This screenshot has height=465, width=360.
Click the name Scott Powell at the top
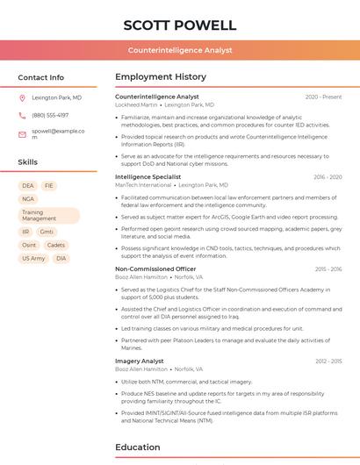pyautogui.click(x=179, y=25)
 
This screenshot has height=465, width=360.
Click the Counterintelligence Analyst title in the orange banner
pyautogui.click(x=179, y=50)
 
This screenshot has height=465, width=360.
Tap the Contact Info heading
pyautogui.click(x=40, y=77)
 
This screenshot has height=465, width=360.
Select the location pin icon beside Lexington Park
pyautogui.click(x=22, y=97)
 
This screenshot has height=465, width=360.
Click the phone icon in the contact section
pyautogui.click(x=22, y=115)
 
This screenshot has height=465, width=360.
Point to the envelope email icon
pyautogui.click(x=22, y=133)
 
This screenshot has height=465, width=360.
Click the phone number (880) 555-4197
pyautogui.click(x=50, y=115)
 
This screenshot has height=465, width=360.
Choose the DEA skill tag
pyautogui.click(x=28, y=186)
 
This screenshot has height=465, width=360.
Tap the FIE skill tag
pyautogui.click(x=49, y=186)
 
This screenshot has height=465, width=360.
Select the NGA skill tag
pyautogui.click(x=29, y=199)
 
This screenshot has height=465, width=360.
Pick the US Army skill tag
pyautogui.click(x=33, y=259)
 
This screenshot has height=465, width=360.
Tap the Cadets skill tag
pyautogui.click(x=55, y=245)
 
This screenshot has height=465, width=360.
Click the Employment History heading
pyautogui.click(x=161, y=77)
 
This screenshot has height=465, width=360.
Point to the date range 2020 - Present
pyautogui.click(x=323, y=97)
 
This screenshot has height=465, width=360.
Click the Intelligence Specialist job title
pyautogui.click(x=148, y=176)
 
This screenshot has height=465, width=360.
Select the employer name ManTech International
pyautogui.click(x=143, y=185)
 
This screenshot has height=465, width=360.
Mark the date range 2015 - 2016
pyautogui.click(x=328, y=269)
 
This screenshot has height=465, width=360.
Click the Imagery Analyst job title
pyautogui.click(x=140, y=361)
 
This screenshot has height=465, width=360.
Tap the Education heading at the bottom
pyautogui.click(x=138, y=447)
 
